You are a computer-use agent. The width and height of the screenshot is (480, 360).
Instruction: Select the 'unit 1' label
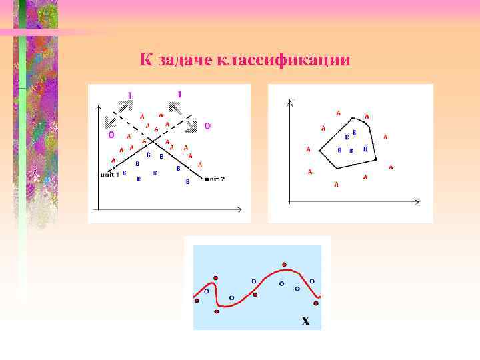pos(109,175)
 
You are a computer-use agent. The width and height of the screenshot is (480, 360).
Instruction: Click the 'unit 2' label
pos(215,179)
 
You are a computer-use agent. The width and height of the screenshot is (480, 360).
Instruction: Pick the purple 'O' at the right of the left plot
pos(207,125)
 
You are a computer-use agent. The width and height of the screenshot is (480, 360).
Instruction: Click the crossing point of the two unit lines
pos(153,141)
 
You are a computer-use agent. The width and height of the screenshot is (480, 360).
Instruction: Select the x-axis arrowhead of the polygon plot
pos(417,201)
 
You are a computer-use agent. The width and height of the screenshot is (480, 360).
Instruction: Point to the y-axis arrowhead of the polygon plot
pos(289,103)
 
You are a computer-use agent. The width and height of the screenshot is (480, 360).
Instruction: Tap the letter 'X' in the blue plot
pos(305,321)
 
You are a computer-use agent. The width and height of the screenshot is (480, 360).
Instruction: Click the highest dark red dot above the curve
pos(285,264)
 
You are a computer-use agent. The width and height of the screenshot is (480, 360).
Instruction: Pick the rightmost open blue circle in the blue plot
pos(312,281)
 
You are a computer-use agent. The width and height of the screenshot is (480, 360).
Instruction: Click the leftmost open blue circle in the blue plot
pos(207,291)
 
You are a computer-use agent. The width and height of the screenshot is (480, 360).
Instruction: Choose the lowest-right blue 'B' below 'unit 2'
pos(187,181)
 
